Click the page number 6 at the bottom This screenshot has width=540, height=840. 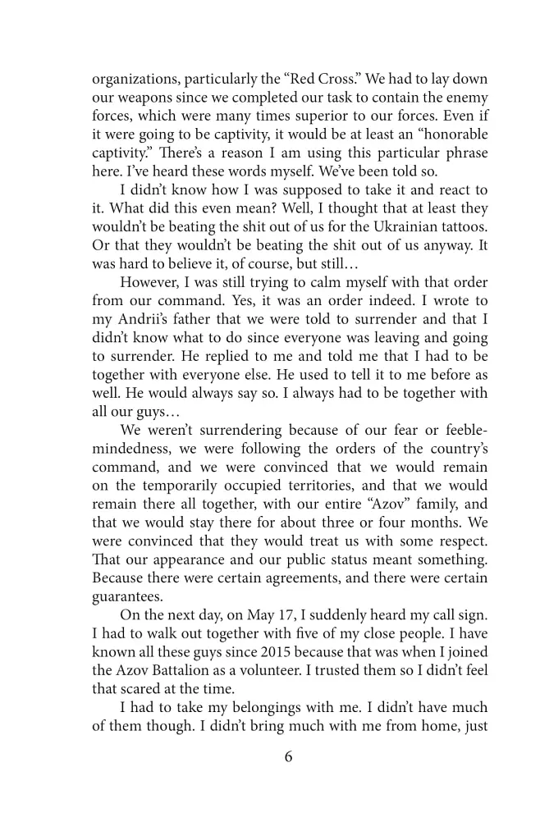coord(288,756)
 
